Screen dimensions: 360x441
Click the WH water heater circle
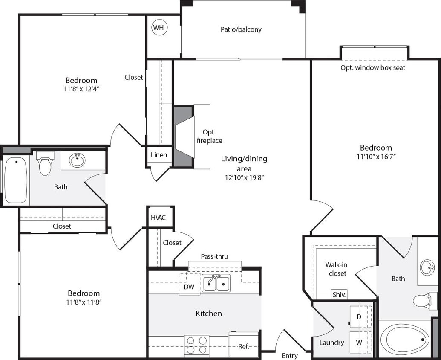[159, 28]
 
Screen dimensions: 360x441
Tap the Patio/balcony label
[241, 29]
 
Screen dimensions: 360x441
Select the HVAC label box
[160, 218]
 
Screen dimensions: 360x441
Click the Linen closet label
[159, 154]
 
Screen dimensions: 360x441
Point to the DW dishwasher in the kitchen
[189, 287]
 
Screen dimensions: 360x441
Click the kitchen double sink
[216, 283]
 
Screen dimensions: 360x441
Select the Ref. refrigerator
[244, 345]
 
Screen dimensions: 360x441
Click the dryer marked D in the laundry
[359, 317]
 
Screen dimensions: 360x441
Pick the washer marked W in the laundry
[359, 342]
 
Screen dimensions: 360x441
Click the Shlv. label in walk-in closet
[339, 295]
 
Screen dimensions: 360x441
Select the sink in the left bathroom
[77, 160]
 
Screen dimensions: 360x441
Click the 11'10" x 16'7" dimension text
[375, 157]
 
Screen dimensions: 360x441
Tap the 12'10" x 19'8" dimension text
[244, 178]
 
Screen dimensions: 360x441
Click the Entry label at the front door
[290, 356]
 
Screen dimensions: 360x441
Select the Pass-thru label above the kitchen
[214, 256]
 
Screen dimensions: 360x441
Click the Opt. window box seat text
[373, 68]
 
